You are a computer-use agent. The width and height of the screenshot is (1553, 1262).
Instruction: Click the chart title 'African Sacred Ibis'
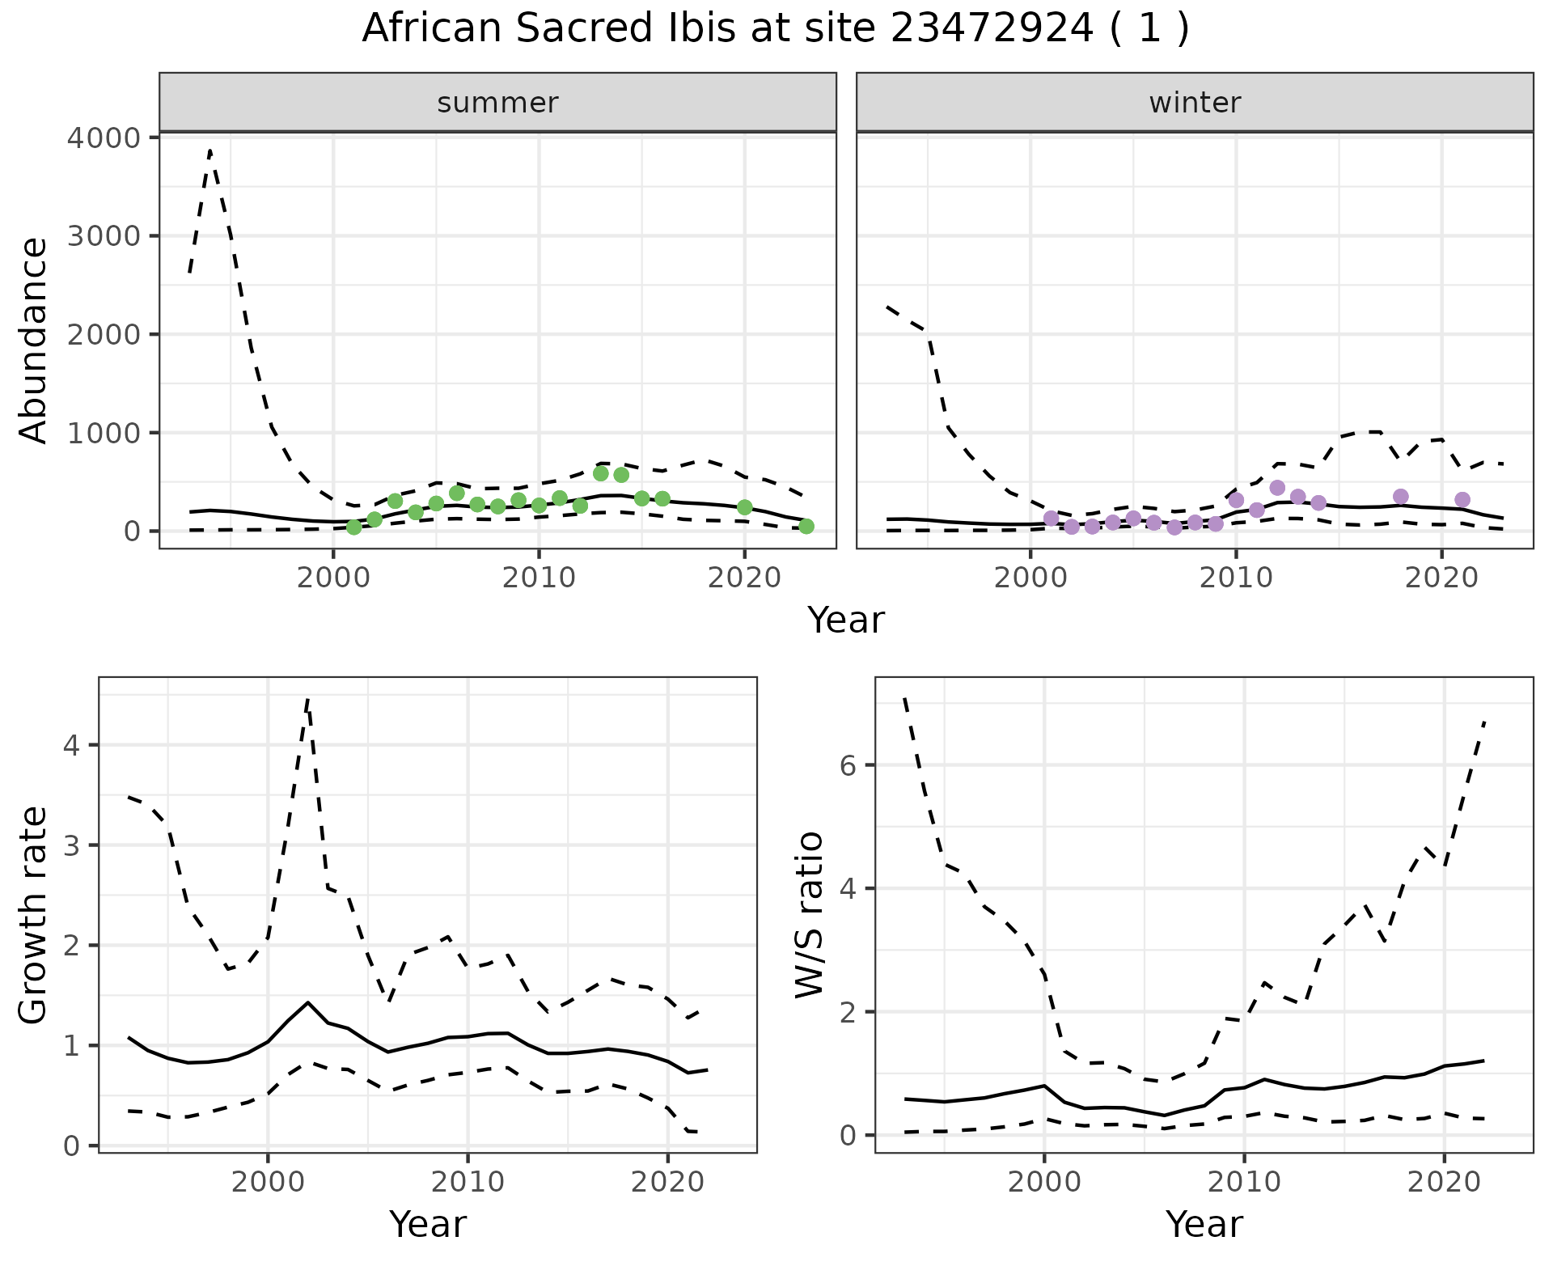click(x=775, y=29)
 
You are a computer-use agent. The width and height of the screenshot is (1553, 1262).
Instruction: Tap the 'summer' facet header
click(x=497, y=103)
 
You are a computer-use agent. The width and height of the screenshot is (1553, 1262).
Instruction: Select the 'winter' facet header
click(x=1195, y=103)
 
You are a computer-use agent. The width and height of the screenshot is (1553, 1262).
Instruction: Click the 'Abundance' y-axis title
click(x=34, y=340)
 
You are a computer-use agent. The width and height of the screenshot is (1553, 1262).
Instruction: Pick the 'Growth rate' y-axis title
click(x=34, y=915)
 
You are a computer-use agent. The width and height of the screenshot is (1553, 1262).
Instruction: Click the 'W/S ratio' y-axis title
click(x=810, y=915)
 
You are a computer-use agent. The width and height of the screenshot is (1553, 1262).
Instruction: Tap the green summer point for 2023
click(x=806, y=527)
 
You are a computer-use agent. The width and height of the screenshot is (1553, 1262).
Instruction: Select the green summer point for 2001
click(x=353, y=527)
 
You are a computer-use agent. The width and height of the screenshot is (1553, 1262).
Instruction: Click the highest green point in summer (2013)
click(x=601, y=473)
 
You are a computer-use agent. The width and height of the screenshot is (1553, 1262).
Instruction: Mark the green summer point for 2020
click(x=745, y=507)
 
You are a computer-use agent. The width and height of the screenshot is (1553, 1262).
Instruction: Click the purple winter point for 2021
click(x=1462, y=500)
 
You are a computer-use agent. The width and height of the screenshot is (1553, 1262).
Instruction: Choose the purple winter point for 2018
click(x=1401, y=497)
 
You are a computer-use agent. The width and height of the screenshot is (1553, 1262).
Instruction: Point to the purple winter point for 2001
click(x=1052, y=519)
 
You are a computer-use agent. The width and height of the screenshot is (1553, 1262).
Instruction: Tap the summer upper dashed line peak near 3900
click(x=210, y=150)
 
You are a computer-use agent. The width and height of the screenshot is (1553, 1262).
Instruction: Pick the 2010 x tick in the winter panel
click(x=1236, y=578)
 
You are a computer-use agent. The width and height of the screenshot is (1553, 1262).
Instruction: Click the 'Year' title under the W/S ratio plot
click(x=1204, y=1224)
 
